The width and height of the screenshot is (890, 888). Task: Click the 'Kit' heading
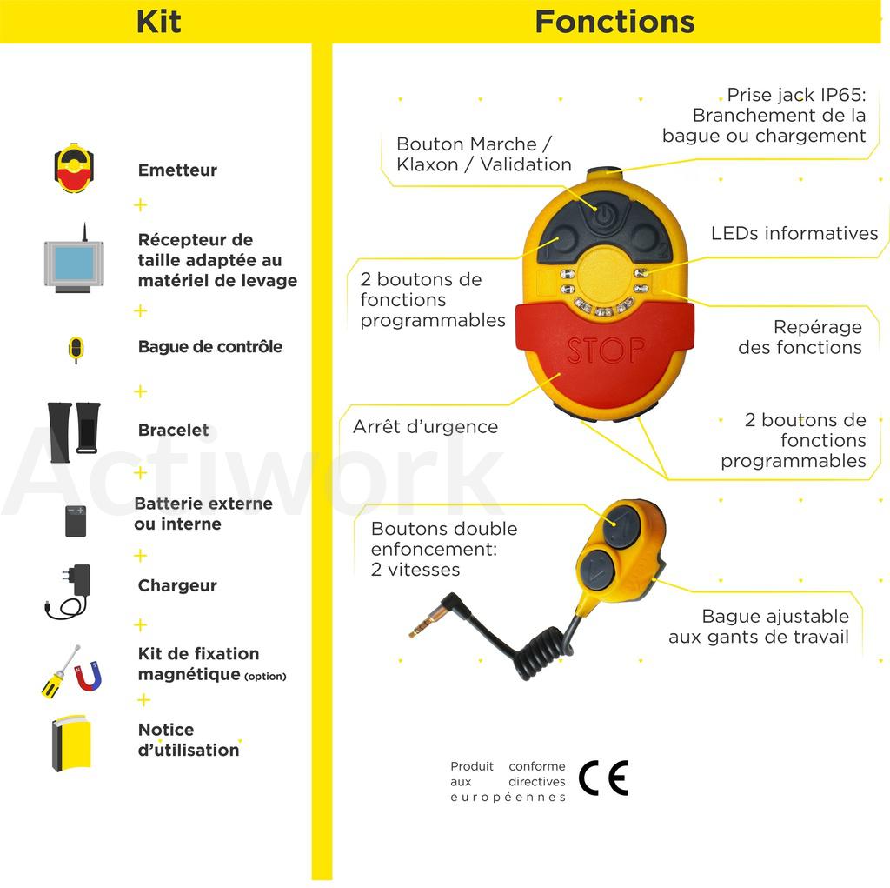(x=159, y=22)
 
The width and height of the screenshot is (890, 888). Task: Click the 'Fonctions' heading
(x=614, y=22)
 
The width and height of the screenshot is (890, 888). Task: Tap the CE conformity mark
(x=604, y=778)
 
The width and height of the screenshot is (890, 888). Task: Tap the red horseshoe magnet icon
(x=89, y=676)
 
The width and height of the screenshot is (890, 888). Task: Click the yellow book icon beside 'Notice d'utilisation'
(x=71, y=743)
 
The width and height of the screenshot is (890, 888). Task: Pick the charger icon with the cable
(x=68, y=591)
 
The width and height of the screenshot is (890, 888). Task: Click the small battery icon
(x=76, y=521)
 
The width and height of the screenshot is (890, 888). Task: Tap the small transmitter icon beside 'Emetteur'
(x=74, y=168)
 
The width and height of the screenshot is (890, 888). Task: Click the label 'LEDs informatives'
(x=794, y=233)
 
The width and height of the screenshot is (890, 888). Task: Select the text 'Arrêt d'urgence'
(x=425, y=427)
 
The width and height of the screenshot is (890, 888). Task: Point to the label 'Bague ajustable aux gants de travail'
(x=759, y=627)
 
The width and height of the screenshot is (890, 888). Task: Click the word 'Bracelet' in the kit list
(x=173, y=430)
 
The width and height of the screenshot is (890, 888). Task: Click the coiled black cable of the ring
(x=545, y=648)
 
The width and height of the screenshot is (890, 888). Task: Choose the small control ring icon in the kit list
(x=76, y=349)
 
